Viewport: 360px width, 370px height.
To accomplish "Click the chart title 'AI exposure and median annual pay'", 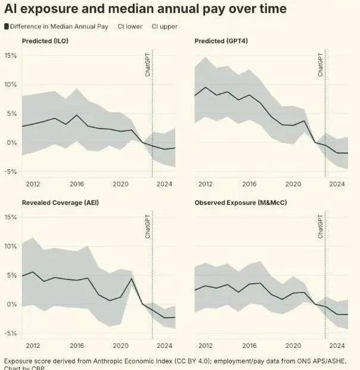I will pos(145,9).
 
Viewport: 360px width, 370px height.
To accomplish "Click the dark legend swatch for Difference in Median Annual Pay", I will pos(7,27).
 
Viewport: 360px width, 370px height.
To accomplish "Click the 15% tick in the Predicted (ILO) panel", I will pos(11,55).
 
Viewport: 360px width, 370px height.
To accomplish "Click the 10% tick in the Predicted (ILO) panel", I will pos(11,85).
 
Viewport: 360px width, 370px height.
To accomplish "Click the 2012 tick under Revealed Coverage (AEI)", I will pos(33,346).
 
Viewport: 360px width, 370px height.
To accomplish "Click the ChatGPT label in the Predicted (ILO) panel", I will pos(148,64).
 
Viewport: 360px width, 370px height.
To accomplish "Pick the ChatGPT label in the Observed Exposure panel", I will pos(321,227).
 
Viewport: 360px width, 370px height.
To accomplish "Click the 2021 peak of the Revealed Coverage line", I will pos(131,278).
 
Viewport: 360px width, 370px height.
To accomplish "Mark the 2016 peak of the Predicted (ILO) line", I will pos(77,115).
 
